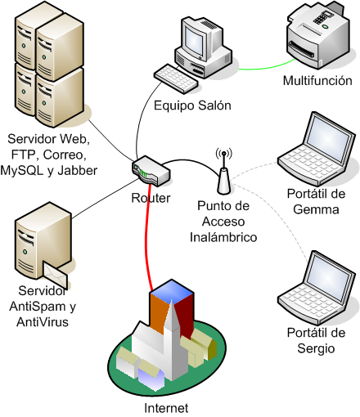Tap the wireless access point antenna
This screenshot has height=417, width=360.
coord(223,173)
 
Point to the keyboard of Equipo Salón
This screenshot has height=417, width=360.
coord(180,78)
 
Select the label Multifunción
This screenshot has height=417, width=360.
coord(317,81)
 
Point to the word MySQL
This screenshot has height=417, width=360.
coord(30,170)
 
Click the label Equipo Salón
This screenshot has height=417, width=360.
coord(192,105)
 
